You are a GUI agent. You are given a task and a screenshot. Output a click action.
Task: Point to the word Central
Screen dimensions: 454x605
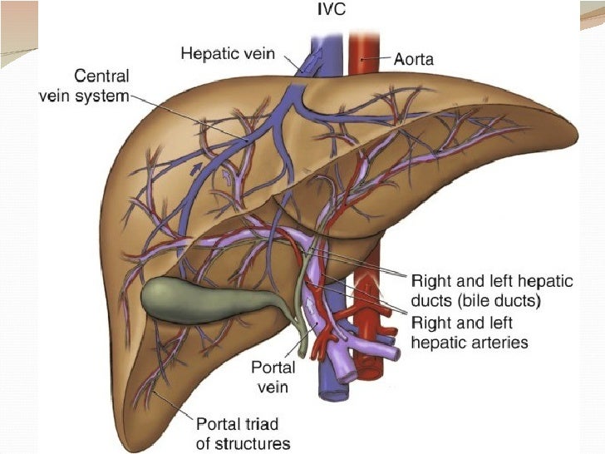click(x=102, y=76)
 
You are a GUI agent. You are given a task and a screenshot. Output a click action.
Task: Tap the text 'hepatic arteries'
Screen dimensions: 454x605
click(x=469, y=342)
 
